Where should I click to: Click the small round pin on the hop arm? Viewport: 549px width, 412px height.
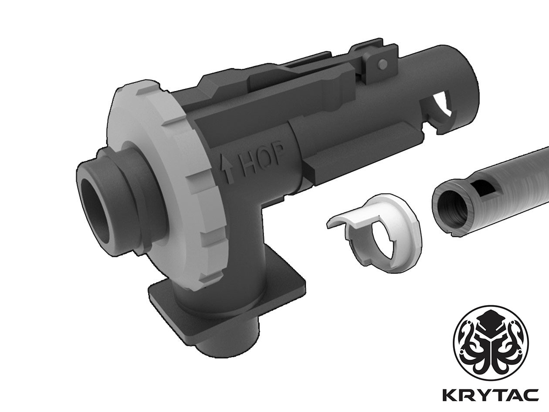[x=383, y=65]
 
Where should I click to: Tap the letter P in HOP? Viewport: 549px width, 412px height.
[x=277, y=155]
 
